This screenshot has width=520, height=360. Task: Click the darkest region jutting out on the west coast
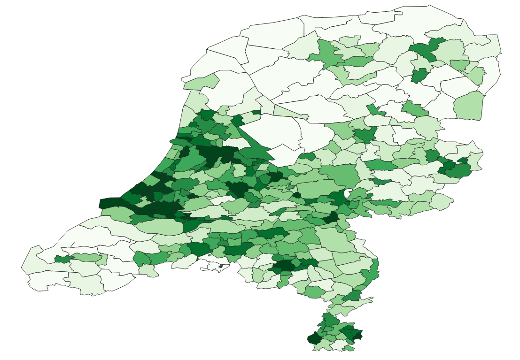[109, 203]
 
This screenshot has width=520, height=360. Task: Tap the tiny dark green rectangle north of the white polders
[256, 112]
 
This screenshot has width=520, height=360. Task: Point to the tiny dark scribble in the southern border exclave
[220, 266]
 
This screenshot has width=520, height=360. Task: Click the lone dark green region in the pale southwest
[62, 259]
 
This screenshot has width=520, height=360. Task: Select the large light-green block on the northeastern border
[469, 106]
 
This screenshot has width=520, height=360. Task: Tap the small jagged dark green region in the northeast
[419, 75]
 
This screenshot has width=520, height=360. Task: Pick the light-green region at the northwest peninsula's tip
[201, 82]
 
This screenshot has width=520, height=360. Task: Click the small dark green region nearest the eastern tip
[463, 161]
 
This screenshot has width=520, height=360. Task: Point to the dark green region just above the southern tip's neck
[352, 295]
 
